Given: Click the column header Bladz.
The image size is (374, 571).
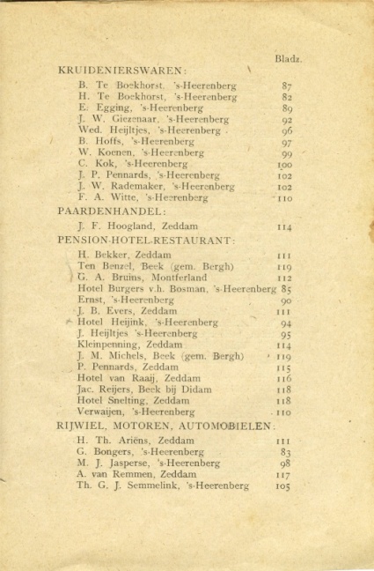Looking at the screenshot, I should pyautogui.click(x=290, y=60).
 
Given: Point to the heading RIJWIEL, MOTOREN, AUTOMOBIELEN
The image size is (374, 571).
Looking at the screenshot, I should pyautogui.click(x=163, y=426).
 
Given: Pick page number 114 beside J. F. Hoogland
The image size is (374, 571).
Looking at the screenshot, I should pyautogui.click(x=284, y=226).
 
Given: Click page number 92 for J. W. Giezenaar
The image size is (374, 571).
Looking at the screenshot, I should pyautogui.click(x=286, y=119).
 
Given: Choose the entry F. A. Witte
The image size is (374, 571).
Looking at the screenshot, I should pyautogui.click(x=102, y=198).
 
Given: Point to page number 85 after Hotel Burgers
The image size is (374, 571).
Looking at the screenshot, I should pyautogui.click(x=287, y=288).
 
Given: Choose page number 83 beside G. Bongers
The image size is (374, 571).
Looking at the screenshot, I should pyautogui.click(x=285, y=451).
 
